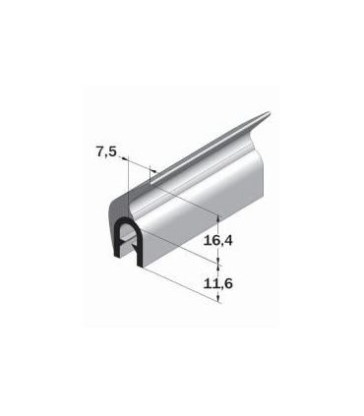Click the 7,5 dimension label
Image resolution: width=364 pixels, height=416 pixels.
pyautogui.click(x=106, y=152)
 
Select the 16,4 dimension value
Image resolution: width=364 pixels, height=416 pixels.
pyautogui.click(x=217, y=241)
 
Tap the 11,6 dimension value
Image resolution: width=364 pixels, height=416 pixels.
pyautogui.click(x=217, y=283)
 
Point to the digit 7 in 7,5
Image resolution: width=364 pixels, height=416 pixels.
pyautogui.click(x=100, y=151)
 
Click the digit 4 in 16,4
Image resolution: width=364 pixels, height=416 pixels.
pyautogui.click(x=227, y=240)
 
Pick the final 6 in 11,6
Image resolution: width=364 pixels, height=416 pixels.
pyautogui.click(x=228, y=283)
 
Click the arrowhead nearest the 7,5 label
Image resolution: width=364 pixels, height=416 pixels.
pyautogui.click(x=125, y=159)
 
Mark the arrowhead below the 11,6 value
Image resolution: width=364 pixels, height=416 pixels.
pyautogui.click(x=218, y=298)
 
